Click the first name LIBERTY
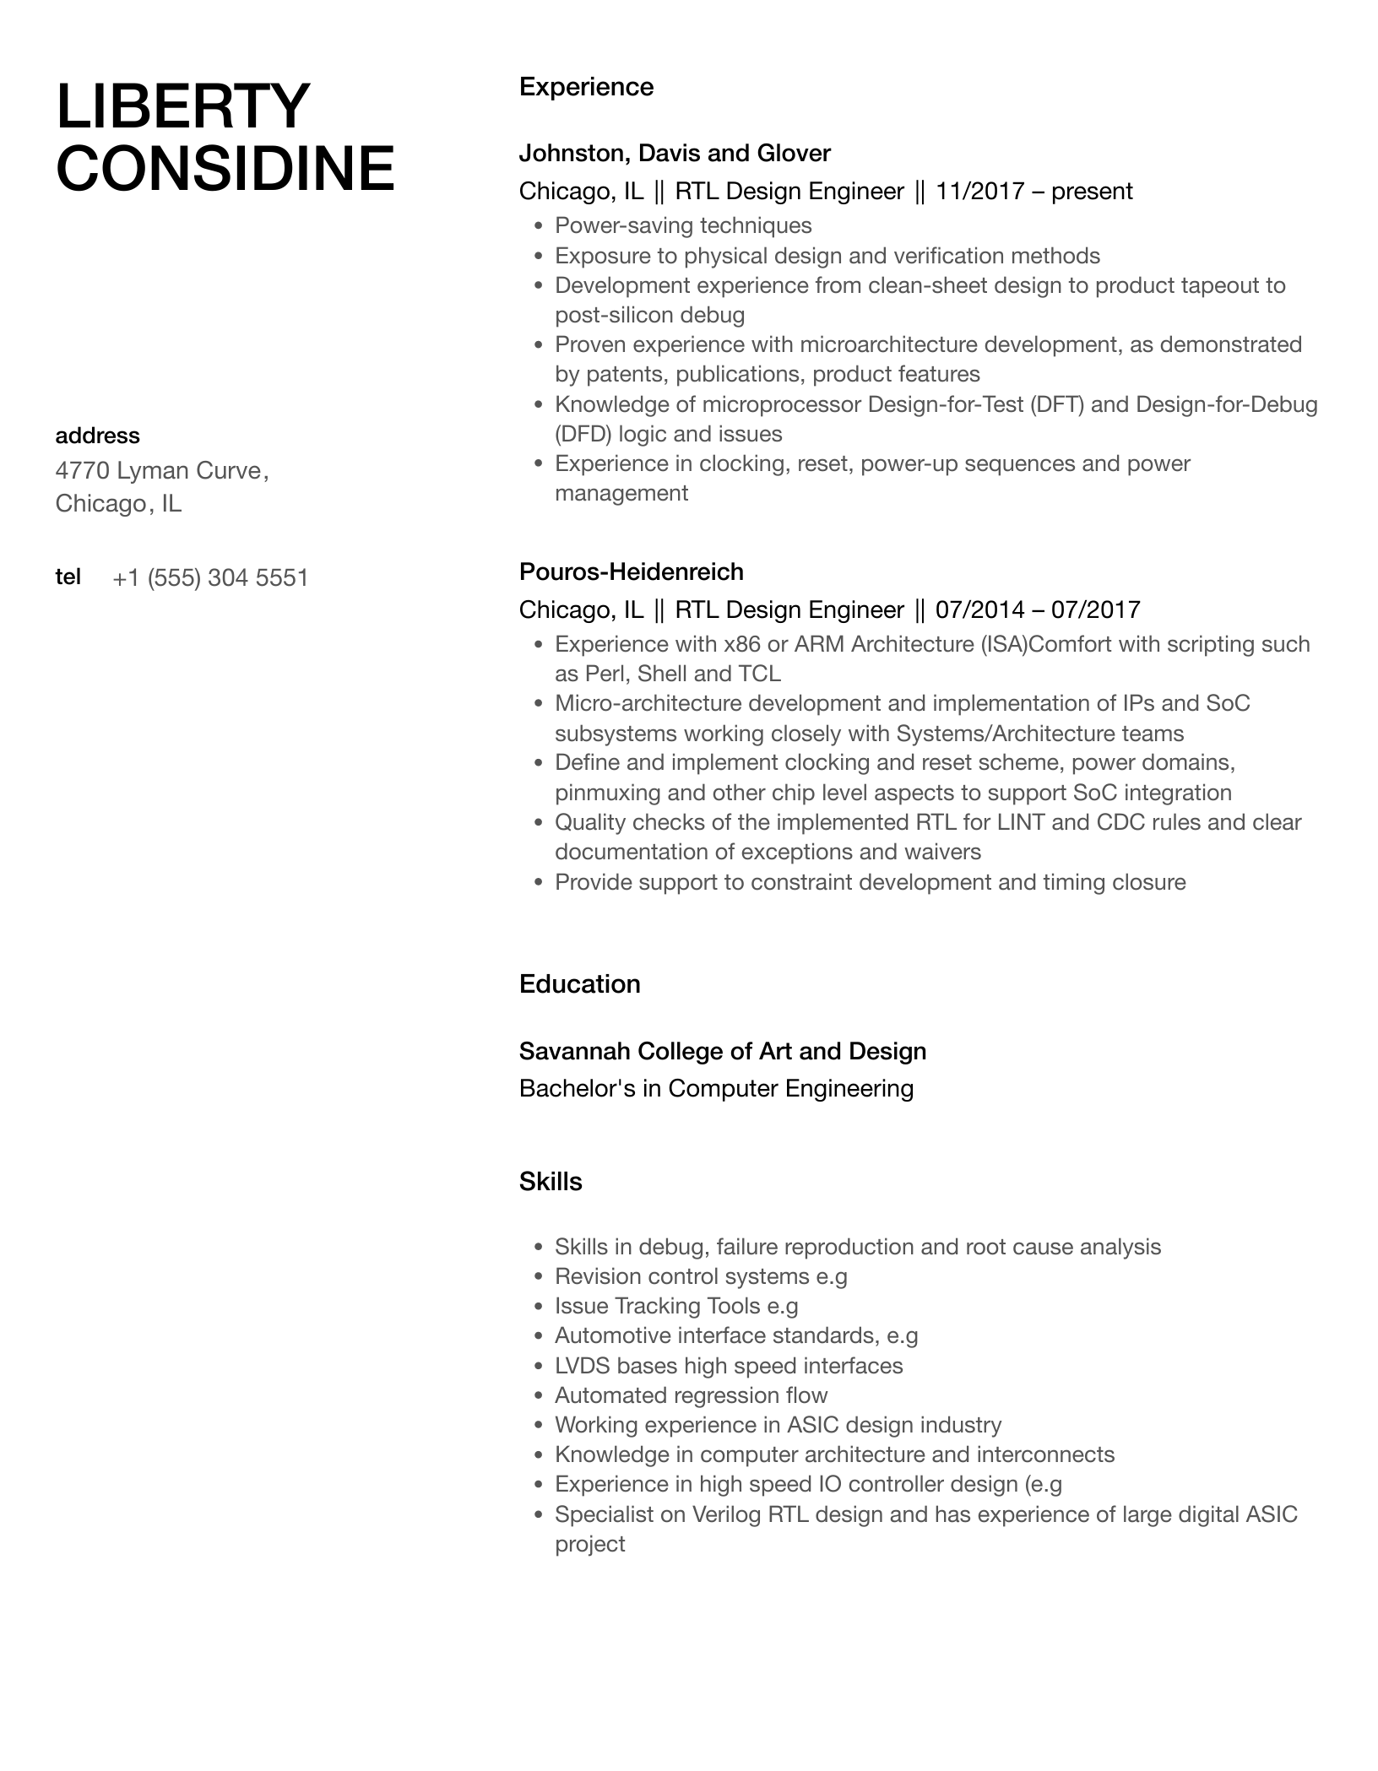coord(182,106)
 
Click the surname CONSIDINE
coord(225,169)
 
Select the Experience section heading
coord(586,87)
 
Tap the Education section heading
coord(579,984)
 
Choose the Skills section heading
coord(551,1182)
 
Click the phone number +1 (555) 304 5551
coord(210,578)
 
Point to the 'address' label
coord(97,436)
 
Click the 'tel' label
coord(68,577)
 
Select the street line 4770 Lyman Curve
coord(161,470)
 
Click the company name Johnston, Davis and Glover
coord(675,153)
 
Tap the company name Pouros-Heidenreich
coord(631,571)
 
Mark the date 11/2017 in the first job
coord(979,192)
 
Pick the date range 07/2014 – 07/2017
coord(1038,609)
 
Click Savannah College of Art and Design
coord(722,1051)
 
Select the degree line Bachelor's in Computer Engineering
coord(716,1088)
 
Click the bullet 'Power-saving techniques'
coord(683,225)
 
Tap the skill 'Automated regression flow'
coord(691,1395)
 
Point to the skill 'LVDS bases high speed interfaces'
coord(728,1366)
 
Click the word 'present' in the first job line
coord(1092,192)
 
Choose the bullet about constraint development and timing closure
coord(870,882)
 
